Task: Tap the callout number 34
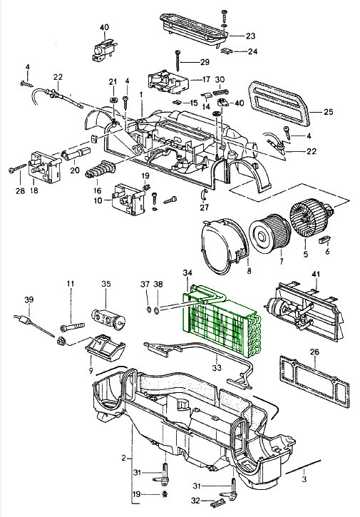(187, 273)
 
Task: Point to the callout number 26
(314, 352)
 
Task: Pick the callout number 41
(316, 275)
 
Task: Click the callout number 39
(29, 300)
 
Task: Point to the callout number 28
(20, 190)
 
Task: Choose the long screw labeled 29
(178, 61)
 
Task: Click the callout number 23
(250, 36)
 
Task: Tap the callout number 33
(217, 367)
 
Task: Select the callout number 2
(123, 458)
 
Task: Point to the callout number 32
(195, 501)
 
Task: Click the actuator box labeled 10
(128, 200)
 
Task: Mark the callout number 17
(206, 79)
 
